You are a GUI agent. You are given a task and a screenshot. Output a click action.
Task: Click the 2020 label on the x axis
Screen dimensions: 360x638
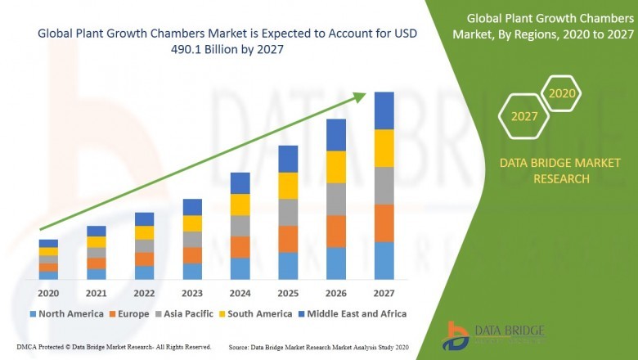pos(48,294)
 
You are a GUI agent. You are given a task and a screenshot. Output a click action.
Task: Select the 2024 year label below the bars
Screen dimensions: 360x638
pos(240,294)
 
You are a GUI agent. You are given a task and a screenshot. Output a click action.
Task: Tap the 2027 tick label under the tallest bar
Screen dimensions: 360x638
pos(384,294)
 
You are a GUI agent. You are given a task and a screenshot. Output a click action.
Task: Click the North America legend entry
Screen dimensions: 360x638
pos(66,313)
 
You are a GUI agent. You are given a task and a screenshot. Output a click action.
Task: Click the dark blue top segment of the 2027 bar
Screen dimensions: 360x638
pos(384,110)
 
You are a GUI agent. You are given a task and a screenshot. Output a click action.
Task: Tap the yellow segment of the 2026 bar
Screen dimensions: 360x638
pos(336,167)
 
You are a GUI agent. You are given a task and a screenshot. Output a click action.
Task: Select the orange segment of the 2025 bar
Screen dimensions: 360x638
pos(288,239)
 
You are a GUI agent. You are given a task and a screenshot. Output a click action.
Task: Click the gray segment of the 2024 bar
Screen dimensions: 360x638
pos(240,226)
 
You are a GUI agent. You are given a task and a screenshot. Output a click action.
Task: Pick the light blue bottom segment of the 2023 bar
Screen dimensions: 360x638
pos(192,271)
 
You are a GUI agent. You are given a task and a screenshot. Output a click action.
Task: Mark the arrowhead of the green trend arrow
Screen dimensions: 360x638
pos(359,97)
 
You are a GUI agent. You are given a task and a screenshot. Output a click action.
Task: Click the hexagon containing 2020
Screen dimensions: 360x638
pos(563,94)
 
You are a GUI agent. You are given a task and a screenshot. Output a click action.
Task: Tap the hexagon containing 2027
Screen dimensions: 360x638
pos(524,116)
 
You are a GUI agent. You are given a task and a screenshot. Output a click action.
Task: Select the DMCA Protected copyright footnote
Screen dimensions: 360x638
pos(114,347)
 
